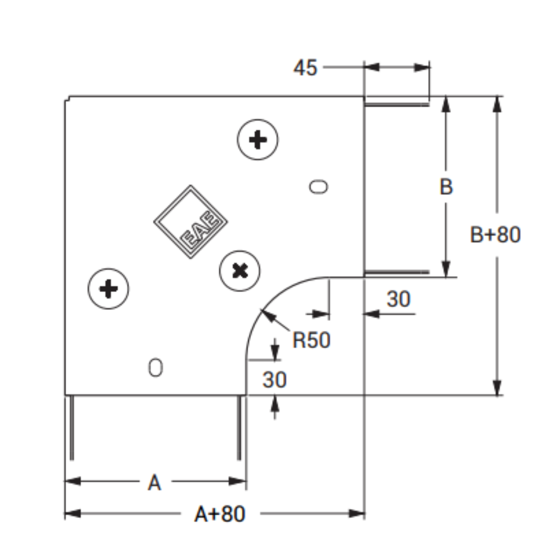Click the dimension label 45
[x=305, y=67]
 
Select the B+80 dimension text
[x=495, y=234]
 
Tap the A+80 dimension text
[x=219, y=514]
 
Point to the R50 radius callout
[x=311, y=340]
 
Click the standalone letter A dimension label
[x=154, y=483]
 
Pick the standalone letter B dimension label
[x=446, y=186]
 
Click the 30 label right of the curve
[x=398, y=299]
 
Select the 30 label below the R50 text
[x=274, y=380]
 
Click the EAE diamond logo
[x=191, y=222]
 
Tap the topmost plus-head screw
[x=257, y=139]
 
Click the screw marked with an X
[x=240, y=271]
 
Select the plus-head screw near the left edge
[x=108, y=289]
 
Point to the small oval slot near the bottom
[x=155, y=368]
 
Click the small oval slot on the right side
[x=319, y=187]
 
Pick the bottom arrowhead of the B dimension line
[x=446, y=269]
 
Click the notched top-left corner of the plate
[x=67, y=98]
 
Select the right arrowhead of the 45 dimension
[x=422, y=67]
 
